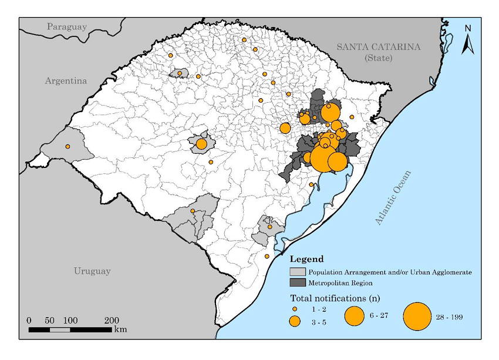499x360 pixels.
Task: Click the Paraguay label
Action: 67,26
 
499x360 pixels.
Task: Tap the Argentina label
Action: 66,80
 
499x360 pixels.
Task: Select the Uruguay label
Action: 92,271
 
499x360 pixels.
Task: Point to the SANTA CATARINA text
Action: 378,47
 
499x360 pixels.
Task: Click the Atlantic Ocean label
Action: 394,198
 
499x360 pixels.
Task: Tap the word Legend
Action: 306,259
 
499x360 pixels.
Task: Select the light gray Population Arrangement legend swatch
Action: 298,272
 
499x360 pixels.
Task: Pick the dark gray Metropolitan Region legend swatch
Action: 298,282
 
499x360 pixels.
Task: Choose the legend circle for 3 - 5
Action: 295,321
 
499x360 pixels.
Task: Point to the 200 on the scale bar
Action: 112,321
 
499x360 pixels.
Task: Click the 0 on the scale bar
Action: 29,321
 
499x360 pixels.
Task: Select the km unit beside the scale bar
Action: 120,329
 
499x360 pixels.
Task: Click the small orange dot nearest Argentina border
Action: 68,146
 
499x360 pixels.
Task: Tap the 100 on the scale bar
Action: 70,321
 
